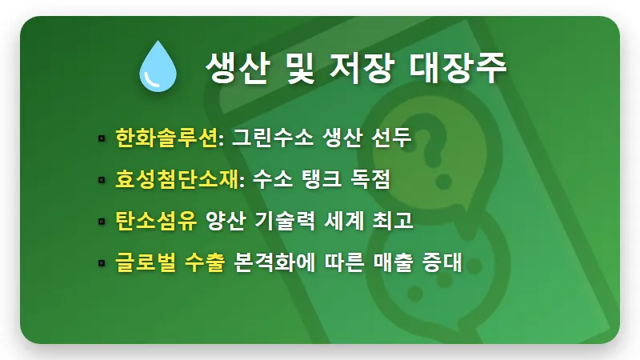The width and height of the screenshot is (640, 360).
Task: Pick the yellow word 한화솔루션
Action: [x=166, y=138]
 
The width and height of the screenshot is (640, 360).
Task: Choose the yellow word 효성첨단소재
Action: [x=176, y=180]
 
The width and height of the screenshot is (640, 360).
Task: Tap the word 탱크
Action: [x=320, y=180]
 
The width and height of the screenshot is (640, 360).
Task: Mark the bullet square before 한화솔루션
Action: [x=102, y=139]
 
